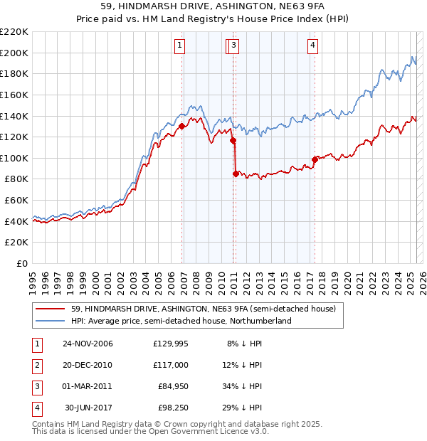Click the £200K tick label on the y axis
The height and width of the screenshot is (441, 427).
(14, 53)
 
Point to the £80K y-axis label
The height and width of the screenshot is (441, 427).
(16, 179)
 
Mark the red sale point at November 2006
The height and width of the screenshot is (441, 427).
(182, 127)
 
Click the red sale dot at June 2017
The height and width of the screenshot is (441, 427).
(315, 159)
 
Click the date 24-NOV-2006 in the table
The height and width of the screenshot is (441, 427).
(88, 344)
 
